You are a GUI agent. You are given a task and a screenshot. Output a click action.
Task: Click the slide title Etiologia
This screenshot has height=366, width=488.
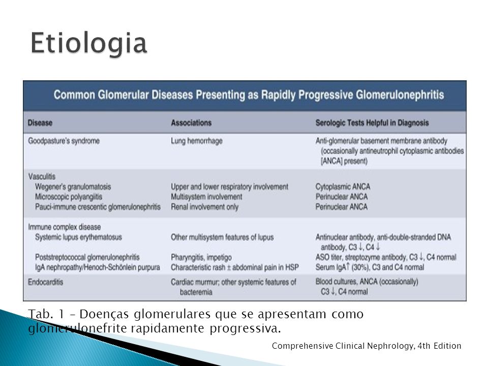tap(88, 44)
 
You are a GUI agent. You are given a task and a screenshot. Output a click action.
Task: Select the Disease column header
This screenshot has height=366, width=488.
tap(40, 123)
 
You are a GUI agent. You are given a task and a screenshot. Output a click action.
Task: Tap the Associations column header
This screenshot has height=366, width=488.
tap(191, 123)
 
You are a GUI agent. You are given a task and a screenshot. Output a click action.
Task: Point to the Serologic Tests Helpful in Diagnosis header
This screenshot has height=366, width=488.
tap(372, 123)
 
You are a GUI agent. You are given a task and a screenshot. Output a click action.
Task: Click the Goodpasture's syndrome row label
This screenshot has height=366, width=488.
tap(64, 141)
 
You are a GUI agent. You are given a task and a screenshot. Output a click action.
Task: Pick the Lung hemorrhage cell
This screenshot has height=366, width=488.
tap(197, 141)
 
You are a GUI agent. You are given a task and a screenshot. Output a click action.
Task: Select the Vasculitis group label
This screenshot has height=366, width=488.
tap(42, 176)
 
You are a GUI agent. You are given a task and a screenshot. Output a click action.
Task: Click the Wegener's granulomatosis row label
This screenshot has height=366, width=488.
tap(73, 187)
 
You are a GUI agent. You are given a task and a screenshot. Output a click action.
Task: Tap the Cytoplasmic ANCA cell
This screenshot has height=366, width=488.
tap(343, 187)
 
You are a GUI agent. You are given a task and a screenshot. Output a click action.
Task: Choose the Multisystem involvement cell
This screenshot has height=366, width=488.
tap(206, 197)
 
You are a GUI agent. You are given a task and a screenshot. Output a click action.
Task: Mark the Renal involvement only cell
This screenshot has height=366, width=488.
tap(204, 207)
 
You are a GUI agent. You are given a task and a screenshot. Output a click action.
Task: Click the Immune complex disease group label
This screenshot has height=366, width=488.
tap(65, 227)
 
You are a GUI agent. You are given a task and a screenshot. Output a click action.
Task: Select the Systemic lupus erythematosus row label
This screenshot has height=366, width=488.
tap(78, 237)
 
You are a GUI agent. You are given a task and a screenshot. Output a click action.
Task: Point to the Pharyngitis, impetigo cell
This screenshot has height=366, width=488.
tap(201, 257)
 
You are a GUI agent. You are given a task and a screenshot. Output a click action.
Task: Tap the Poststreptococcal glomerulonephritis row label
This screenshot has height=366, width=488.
tap(87, 257)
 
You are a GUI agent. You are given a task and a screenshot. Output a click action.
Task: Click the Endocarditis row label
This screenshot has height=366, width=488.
tap(45, 282)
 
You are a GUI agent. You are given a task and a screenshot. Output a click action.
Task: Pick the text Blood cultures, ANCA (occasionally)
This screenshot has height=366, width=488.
tap(367, 282)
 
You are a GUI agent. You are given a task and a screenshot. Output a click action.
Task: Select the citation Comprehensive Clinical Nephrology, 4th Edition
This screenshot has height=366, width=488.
tap(367, 346)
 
